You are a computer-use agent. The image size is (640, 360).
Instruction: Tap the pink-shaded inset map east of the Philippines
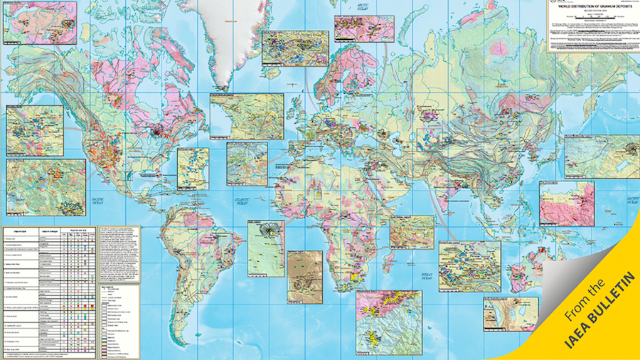click(566, 202)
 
